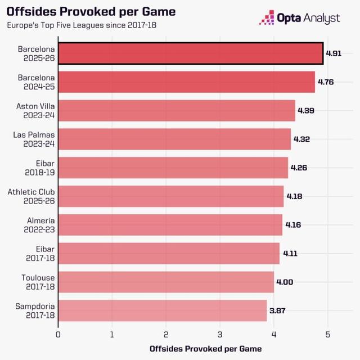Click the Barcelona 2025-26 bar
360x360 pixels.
click(191, 53)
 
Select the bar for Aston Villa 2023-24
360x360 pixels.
click(177, 111)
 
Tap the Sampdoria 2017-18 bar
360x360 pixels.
click(163, 310)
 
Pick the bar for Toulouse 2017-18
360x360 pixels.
click(166, 282)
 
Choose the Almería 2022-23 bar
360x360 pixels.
click(170, 225)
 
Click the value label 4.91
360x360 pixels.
click(334, 53)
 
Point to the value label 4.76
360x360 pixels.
click(326, 82)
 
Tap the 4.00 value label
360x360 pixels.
click(285, 282)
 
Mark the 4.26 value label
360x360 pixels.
click(299, 168)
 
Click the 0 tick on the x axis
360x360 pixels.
click(58, 334)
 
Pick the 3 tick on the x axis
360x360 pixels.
click(220, 334)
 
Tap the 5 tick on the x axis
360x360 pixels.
click(328, 334)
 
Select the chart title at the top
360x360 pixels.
click(91, 12)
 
